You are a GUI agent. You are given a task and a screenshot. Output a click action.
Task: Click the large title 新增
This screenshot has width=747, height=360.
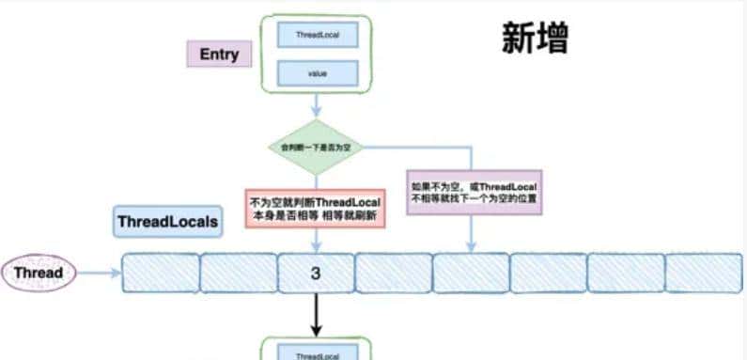535,40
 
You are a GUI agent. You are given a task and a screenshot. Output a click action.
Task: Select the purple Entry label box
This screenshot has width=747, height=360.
219,55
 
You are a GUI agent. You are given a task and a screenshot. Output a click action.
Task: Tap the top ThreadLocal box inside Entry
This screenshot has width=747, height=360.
316,35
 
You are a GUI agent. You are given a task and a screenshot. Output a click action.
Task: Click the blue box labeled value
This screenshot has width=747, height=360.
316,73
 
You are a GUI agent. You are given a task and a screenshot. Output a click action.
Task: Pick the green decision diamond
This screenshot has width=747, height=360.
316,149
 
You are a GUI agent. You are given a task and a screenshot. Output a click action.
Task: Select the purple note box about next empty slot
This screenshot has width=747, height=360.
475,194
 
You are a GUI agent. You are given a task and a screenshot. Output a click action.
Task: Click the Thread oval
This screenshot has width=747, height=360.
39,274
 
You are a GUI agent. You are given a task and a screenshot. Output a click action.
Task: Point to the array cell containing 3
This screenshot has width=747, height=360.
316,274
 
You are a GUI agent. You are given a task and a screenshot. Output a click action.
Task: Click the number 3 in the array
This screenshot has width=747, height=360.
316,274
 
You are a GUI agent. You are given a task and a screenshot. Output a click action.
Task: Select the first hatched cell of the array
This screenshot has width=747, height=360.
161,274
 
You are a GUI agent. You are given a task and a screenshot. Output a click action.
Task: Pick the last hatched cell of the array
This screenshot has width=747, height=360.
703,274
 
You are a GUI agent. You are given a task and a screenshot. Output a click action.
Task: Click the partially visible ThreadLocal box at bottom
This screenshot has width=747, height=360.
316,353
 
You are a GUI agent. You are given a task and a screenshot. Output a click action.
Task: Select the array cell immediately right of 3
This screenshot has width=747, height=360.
393,274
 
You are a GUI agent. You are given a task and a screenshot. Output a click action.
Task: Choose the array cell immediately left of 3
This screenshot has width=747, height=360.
239,274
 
